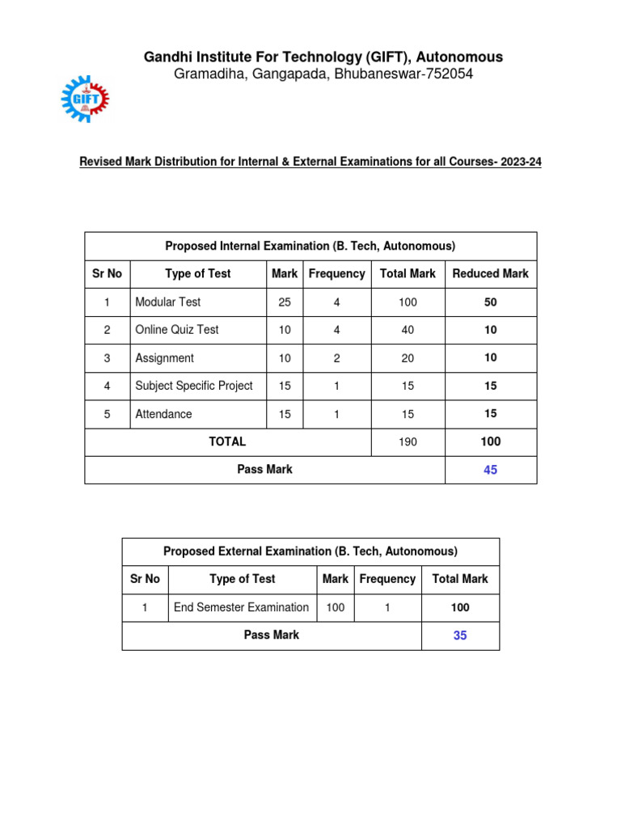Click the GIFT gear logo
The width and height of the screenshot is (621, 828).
(85, 99)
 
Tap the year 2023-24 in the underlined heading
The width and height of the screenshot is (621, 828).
(522, 163)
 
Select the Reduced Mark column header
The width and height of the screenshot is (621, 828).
(490, 274)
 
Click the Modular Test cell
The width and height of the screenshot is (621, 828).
(168, 302)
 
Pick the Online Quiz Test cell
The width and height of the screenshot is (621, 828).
(176, 330)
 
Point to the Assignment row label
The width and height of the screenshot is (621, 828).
(164, 358)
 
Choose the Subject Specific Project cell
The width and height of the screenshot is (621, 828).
(194, 387)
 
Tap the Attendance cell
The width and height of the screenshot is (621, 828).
(163, 414)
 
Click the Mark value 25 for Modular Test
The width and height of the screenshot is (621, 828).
(285, 302)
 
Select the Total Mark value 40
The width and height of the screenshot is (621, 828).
(408, 330)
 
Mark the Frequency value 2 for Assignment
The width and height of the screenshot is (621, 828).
(336, 358)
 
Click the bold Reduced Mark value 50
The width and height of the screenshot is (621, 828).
(490, 302)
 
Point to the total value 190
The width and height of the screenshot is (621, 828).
(408, 442)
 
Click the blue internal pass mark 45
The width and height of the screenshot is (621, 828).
(490, 470)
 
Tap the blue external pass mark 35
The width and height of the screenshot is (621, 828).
(460, 636)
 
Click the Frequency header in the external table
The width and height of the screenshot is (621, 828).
(387, 579)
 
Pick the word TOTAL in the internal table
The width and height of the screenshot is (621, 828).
(227, 442)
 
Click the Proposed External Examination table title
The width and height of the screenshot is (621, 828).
(310, 551)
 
